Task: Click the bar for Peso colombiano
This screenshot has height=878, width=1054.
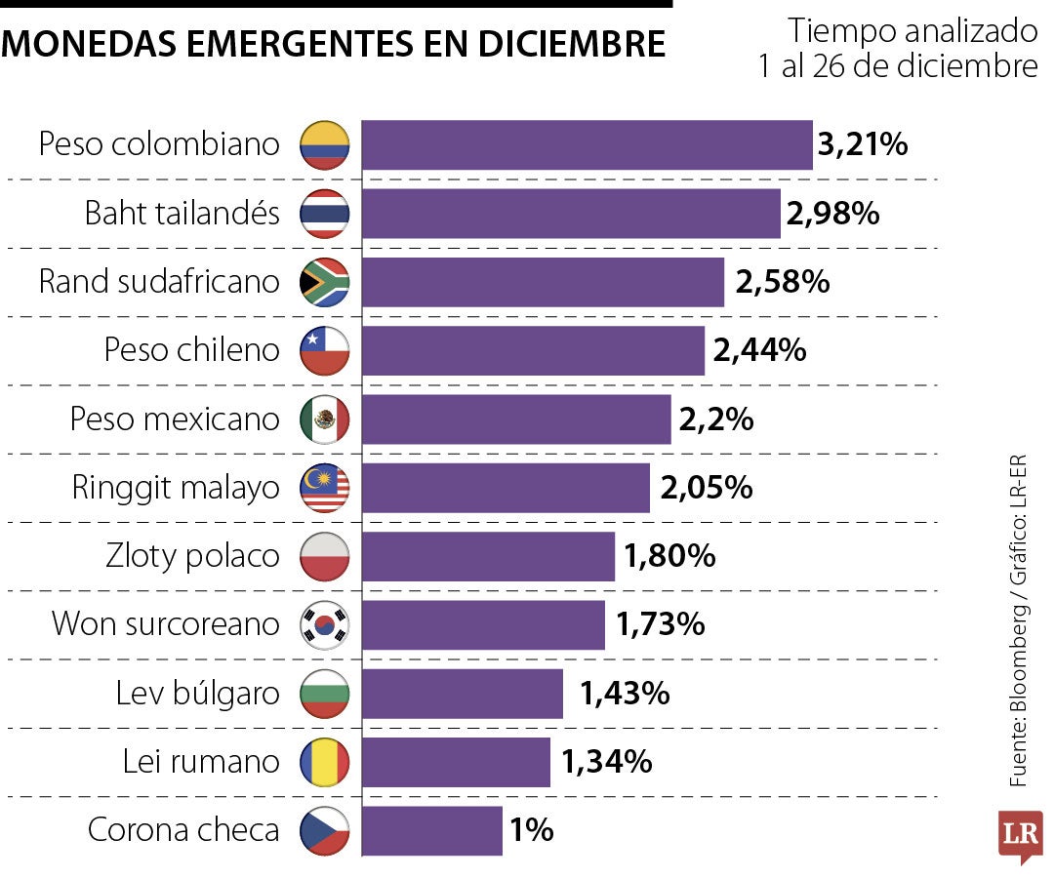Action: point(587,145)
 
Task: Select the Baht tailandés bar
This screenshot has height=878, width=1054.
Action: point(571,214)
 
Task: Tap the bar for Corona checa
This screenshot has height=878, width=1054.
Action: point(432,831)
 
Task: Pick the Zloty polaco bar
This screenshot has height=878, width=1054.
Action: point(488,556)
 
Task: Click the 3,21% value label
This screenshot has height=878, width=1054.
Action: point(863,145)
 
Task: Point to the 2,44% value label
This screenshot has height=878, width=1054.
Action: point(759,350)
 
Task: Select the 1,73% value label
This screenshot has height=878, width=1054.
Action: point(661,624)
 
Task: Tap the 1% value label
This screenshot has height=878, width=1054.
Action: point(532,831)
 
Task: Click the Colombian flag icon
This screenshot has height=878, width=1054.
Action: point(325,145)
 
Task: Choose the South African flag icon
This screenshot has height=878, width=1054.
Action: point(325,282)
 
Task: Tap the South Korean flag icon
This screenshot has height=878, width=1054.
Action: point(325,624)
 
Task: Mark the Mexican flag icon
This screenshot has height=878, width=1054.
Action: point(325,419)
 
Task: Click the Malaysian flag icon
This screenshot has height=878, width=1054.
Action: point(325,488)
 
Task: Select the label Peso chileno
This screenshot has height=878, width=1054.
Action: point(191,350)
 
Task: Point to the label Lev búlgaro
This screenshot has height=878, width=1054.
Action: point(197,694)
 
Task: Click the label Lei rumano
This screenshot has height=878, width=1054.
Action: point(201,762)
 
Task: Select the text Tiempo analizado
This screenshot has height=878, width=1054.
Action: point(912,31)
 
